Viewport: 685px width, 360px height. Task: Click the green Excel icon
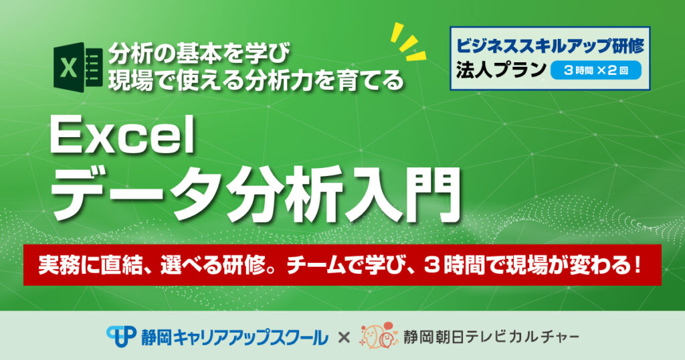coord(78,67)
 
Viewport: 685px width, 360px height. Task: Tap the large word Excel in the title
coord(123,136)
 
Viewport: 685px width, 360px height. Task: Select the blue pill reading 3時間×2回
coord(596,70)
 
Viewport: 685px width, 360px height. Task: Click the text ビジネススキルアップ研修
coord(550,46)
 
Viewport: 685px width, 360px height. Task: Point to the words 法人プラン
coord(501,70)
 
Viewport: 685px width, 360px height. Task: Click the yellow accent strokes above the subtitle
coord(408,41)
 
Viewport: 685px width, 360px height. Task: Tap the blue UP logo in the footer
coord(121,337)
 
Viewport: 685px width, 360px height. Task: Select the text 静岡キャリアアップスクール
coord(234,337)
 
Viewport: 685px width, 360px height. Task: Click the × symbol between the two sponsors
coord(344,337)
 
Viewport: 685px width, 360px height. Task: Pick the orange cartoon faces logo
coord(379,335)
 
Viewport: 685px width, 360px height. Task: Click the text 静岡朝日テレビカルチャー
coord(491,337)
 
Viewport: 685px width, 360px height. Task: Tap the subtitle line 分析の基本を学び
coord(199,53)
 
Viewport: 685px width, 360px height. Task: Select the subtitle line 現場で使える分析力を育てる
coord(256,80)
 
